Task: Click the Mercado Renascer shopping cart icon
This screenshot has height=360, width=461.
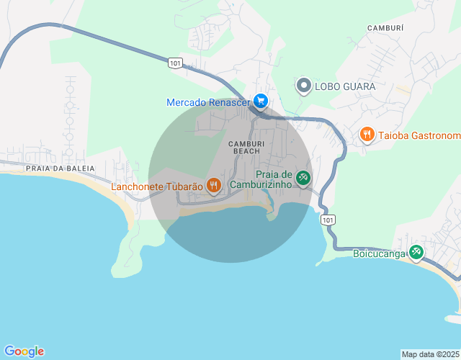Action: click(260, 102)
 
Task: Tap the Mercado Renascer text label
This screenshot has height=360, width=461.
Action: click(207, 103)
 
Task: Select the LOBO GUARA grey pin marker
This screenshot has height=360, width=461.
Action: click(303, 86)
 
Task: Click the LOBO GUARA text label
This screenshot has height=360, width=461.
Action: click(346, 86)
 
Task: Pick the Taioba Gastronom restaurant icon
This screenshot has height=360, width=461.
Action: click(367, 135)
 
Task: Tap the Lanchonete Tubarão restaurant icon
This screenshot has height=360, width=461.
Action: click(213, 186)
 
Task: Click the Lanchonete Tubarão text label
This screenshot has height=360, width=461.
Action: click(156, 187)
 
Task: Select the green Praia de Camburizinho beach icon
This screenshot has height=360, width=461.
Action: click(303, 178)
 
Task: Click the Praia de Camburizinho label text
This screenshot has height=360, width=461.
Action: click(261, 179)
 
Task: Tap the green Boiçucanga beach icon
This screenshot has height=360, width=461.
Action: click(416, 252)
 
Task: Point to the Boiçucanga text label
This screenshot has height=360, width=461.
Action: click(378, 253)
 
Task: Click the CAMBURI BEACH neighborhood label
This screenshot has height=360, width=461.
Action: click(243, 147)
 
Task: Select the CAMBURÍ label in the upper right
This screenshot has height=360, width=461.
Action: click(385, 27)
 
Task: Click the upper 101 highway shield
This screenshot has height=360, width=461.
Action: click(175, 63)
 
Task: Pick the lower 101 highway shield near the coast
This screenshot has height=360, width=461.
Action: click(328, 219)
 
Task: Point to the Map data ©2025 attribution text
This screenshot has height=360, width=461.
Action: click(430, 354)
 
